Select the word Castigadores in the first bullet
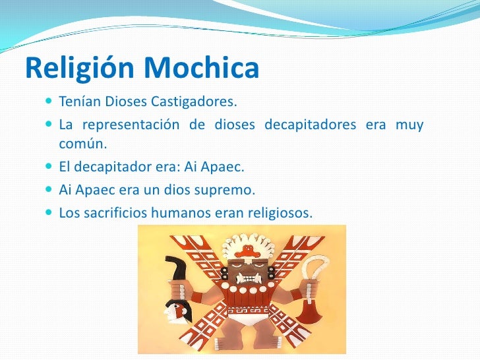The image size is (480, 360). pos(193,103)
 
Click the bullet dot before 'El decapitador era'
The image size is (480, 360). pos(51,167)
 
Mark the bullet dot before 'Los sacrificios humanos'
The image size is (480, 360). pos(51,213)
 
